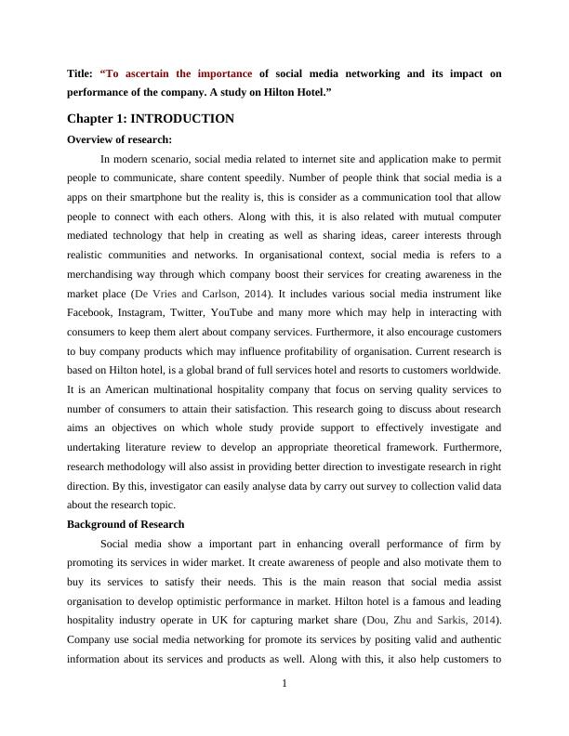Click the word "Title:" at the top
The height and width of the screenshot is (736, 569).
click(80, 73)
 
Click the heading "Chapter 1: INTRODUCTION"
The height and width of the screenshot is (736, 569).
click(151, 119)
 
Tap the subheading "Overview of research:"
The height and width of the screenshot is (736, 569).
click(120, 139)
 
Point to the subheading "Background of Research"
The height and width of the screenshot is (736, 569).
click(126, 524)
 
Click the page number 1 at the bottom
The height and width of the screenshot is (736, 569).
click(284, 685)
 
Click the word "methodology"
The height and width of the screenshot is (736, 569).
click(150, 467)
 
